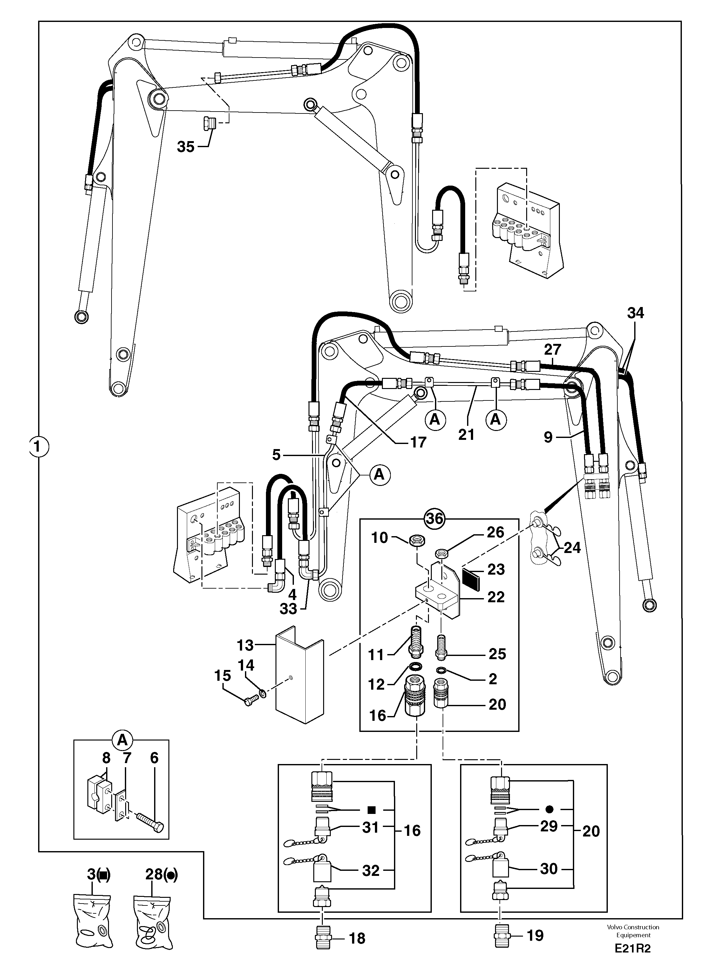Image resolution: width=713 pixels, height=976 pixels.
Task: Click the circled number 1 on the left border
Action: [x=38, y=446]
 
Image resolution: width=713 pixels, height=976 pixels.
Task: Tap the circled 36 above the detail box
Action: [x=434, y=518]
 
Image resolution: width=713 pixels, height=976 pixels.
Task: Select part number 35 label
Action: [x=186, y=147]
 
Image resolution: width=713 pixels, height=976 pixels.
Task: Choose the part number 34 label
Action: [x=635, y=313]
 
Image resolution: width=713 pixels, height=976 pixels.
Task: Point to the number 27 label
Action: [x=552, y=349]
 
